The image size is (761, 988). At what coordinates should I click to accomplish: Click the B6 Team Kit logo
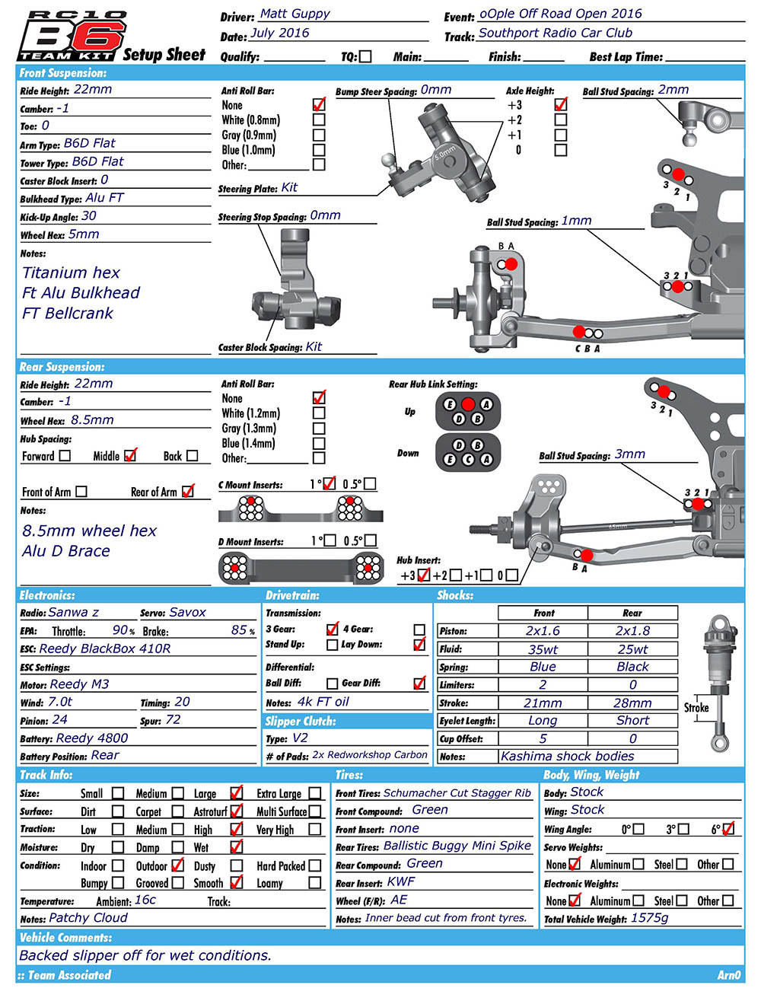[x=72, y=36]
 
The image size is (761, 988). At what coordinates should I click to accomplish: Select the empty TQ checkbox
[x=365, y=56]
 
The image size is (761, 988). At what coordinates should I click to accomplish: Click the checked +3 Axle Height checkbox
[x=561, y=104]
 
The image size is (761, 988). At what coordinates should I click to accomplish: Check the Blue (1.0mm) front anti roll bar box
[x=319, y=150]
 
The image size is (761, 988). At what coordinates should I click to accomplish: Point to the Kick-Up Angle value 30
[x=89, y=216]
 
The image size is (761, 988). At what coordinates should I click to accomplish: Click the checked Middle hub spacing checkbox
[x=130, y=455]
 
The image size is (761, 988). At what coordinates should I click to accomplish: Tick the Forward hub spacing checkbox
[x=65, y=455]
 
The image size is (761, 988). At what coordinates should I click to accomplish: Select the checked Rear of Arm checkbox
[x=188, y=492]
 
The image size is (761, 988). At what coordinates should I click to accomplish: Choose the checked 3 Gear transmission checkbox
[x=332, y=629]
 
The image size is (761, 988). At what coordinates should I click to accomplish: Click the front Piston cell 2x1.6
[x=543, y=631]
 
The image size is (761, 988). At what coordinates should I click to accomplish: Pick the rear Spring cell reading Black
[x=632, y=667]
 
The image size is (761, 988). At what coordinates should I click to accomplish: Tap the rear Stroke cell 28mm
[x=632, y=703]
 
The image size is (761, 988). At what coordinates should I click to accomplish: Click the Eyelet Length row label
[x=466, y=721]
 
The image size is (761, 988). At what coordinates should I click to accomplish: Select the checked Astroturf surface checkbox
[x=237, y=811]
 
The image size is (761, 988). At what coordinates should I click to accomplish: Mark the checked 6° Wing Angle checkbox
[x=728, y=829]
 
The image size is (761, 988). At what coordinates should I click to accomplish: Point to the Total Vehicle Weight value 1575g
[x=649, y=919]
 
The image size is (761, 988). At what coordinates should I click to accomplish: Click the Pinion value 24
[x=59, y=720]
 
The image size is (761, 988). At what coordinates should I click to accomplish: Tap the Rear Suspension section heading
[x=62, y=367]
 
